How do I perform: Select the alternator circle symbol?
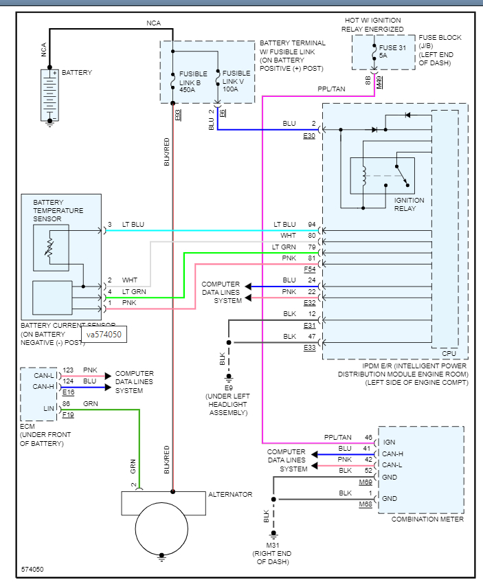[161, 528]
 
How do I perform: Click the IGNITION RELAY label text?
[409, 204]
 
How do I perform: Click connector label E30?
[309, 136]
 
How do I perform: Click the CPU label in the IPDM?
[449, 353]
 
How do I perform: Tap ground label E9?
[228, 387]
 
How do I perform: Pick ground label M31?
[273, 544]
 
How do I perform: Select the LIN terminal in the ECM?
[48, 409]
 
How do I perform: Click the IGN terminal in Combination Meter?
[389, 443]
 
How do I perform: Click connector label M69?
[366, 483]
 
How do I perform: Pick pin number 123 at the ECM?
[69, 370]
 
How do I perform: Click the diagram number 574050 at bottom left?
[33, 570]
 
